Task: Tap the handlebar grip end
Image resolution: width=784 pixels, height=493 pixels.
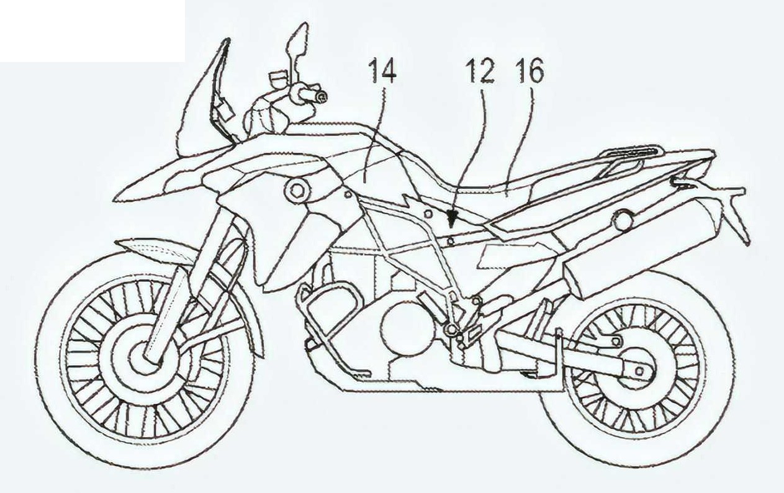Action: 322,96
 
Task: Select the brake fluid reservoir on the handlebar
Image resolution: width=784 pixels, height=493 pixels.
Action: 277,78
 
